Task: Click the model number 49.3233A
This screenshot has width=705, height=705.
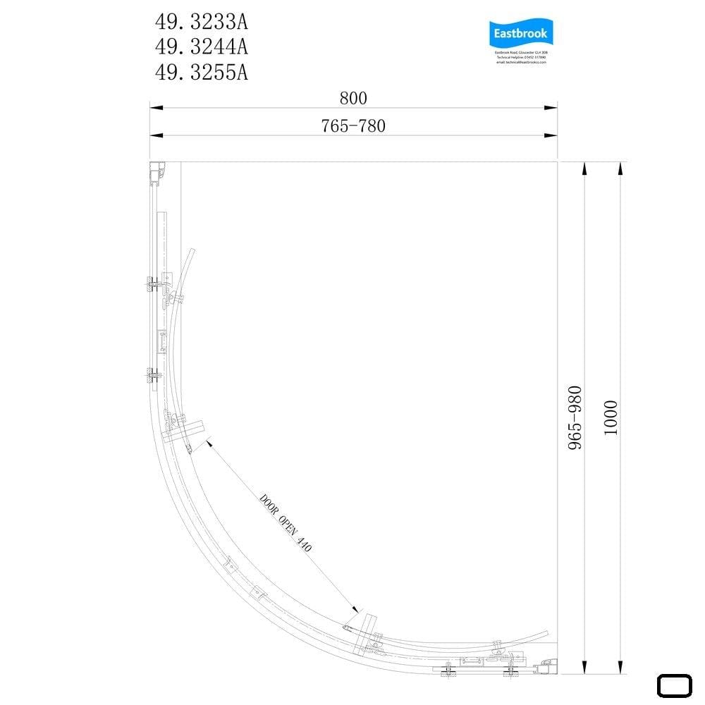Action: point(201,23)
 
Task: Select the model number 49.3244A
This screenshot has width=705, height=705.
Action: point(201,47)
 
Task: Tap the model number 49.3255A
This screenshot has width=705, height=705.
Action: point(201,72)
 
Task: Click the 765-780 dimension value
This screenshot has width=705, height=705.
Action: point(353,126)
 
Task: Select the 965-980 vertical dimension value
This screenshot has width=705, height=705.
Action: point(575,417)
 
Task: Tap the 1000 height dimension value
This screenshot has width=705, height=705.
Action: point(611,417)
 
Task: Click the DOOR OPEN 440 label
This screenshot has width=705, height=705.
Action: point(286,522)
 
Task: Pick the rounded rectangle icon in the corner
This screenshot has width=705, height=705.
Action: point(675,686)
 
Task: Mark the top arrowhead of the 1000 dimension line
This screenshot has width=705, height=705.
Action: point(620,168)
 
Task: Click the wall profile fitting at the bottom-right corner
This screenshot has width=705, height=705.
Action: point(546,663)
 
